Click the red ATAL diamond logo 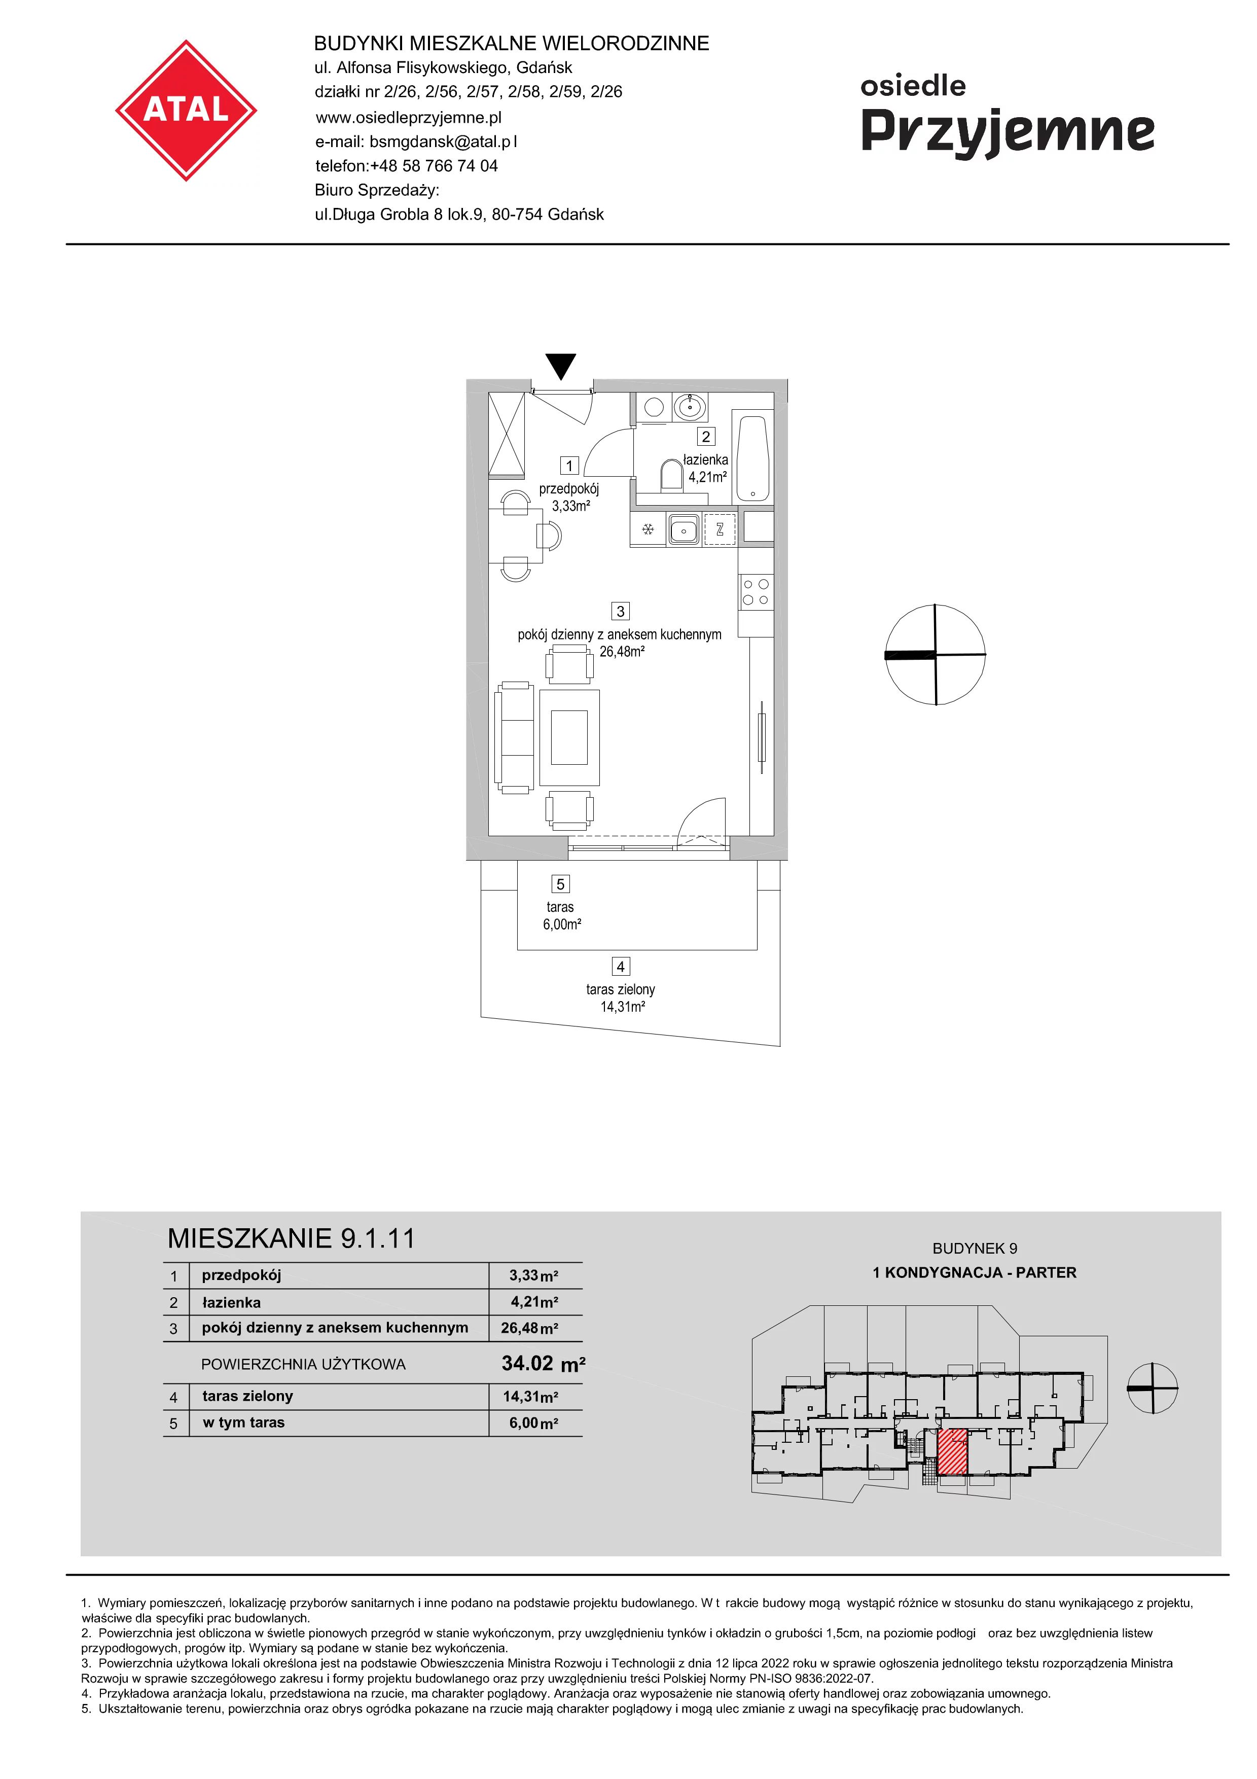pyautogui.click(x=186, y=111)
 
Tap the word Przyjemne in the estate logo pyautogui.click(x=1008, y=132)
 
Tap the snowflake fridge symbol pyautogui.click(x=648, y=530)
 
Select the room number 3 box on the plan pyautogui.click(x=620, y=611)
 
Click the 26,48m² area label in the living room pyautogui.click(x=622, y=652)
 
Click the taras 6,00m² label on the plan pyautogui.click(x=561, y=915)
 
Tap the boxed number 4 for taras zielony pyautogui.click(x=620, y=966)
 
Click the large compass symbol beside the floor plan pyautogui.click(x=935, y=655)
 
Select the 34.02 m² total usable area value pyautogui.click(x=543, y=1364)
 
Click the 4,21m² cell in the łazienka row pyautogui.click(x=534, y=1302)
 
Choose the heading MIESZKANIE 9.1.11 pyautogui.click(x=291, y=1239)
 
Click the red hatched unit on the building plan pyautogui.click(x=952, y=1452)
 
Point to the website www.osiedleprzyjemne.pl pyautogui.click(x=408, y=118)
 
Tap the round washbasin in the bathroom pyautogui.click(x=689, y=406)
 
